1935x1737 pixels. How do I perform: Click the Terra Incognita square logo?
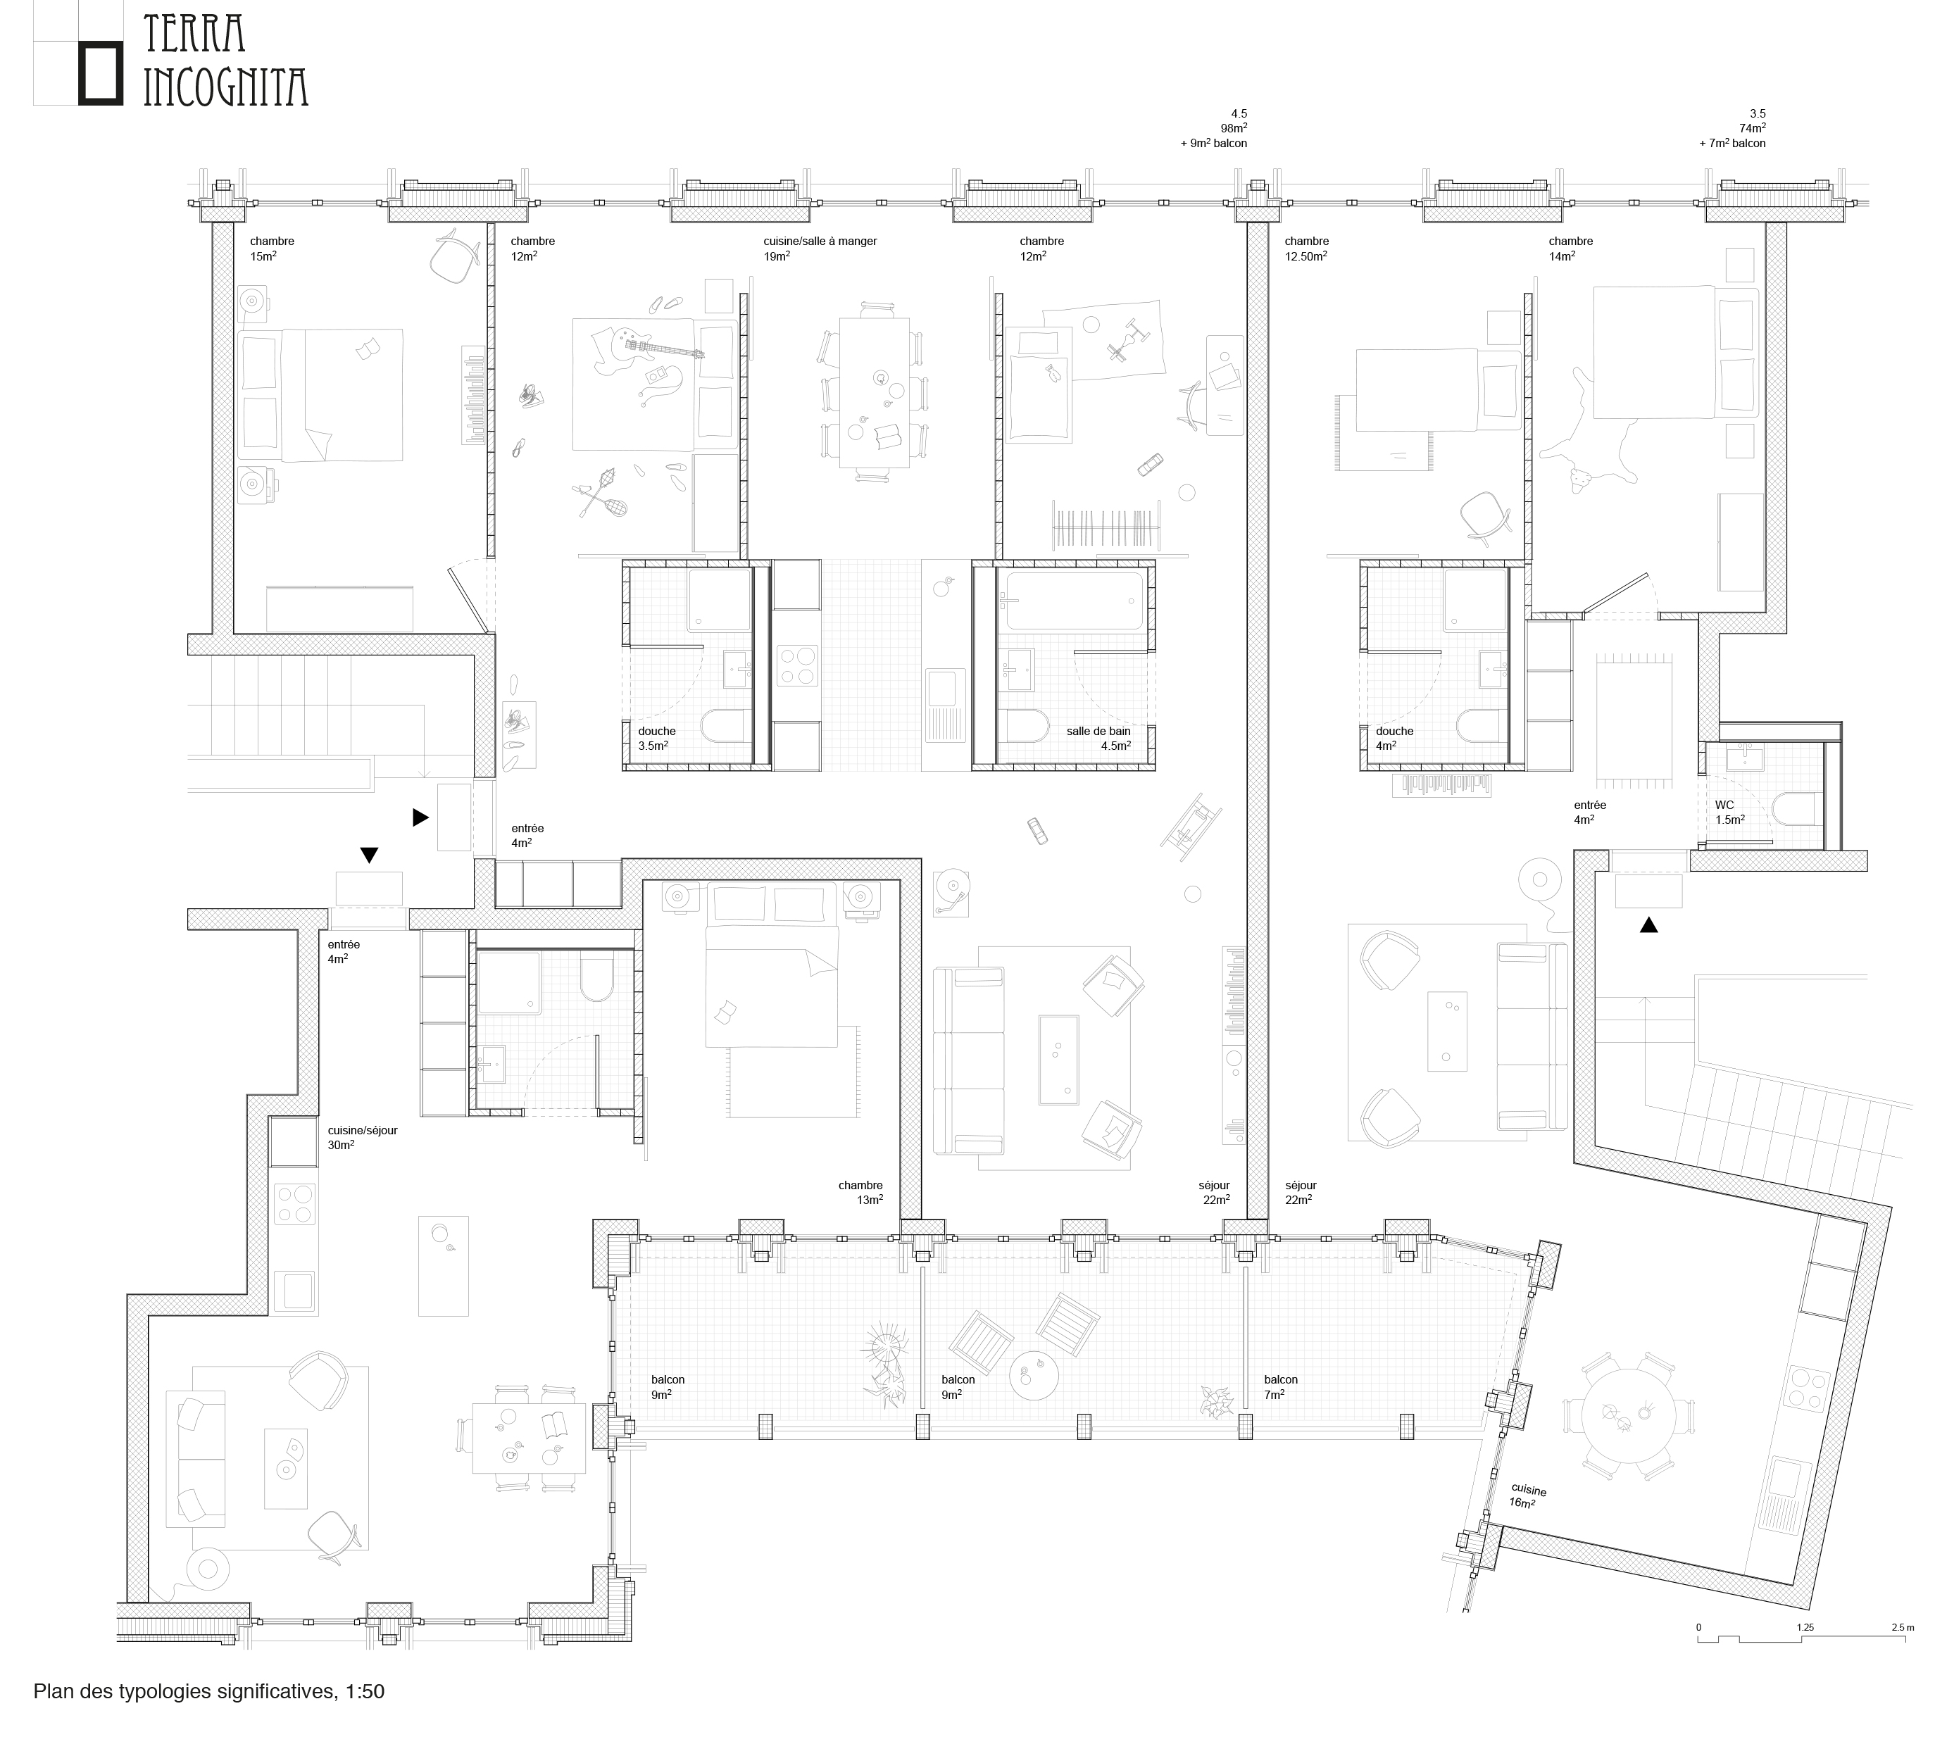point(100,73)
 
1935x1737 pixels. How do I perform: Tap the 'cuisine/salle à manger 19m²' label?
point(819,248)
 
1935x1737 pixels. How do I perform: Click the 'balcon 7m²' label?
point(1280,1387)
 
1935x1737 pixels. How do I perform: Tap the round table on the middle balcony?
point(1034,1375)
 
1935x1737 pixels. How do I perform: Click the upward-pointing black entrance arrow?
point(1648,924)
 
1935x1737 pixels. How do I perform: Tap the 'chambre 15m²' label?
point(271,248)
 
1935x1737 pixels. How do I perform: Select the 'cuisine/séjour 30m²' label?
point(362,1136)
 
